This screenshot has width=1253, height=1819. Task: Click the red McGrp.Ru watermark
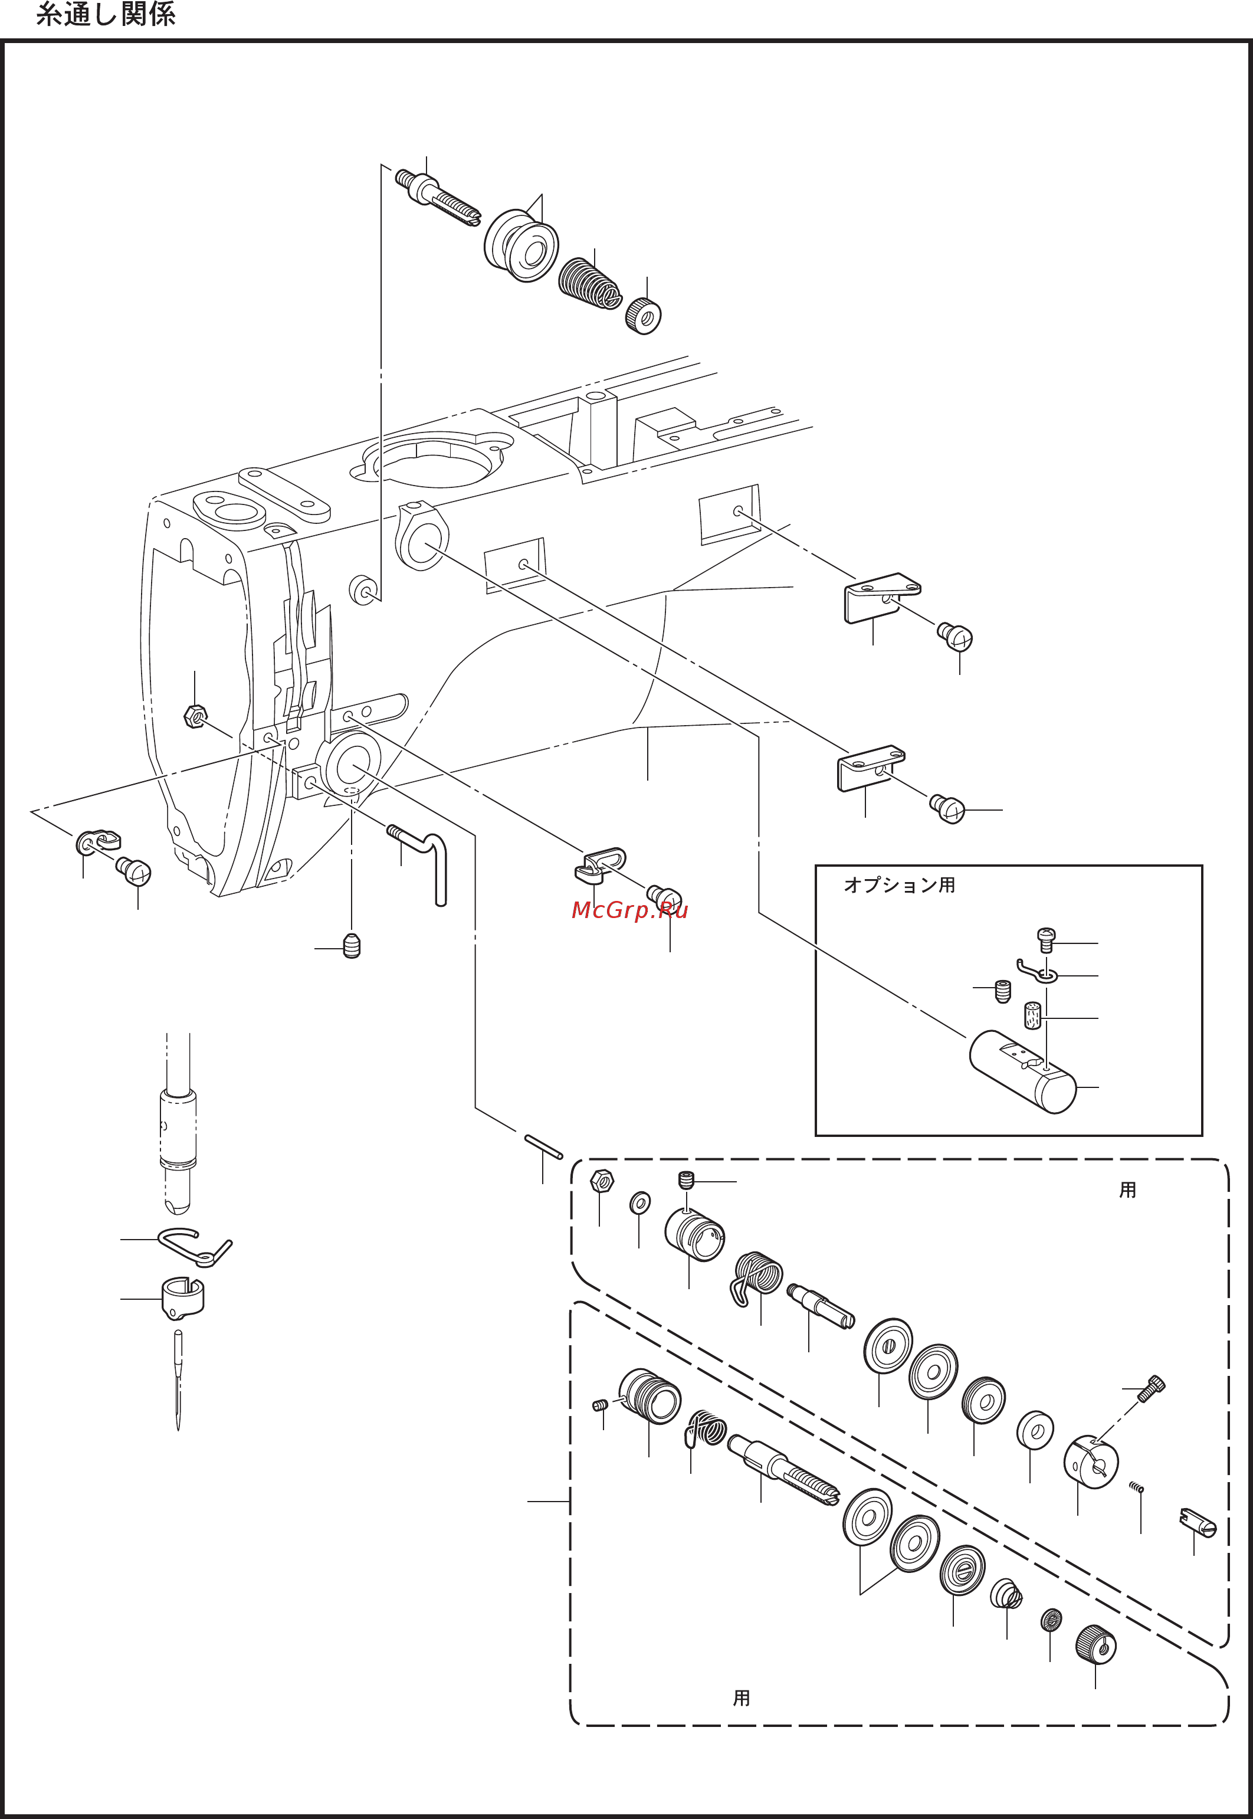click(629, 910)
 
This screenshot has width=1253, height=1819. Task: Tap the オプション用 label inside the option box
click(899, 885)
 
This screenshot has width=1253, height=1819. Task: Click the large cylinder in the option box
click(1022, 1071)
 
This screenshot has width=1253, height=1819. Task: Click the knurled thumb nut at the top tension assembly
click(643, 316)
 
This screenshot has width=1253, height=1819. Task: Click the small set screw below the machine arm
click(352, 947)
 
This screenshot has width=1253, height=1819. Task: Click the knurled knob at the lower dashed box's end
click(1095, 1644)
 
